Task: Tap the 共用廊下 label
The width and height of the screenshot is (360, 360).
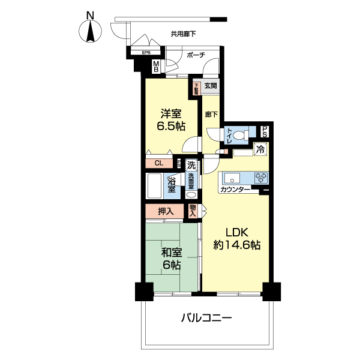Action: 184,34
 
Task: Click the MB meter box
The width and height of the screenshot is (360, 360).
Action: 156,67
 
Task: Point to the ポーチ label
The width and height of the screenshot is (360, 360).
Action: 196,55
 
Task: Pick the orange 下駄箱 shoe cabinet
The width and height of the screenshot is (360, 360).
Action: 196,89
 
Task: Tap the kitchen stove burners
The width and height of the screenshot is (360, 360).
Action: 261,178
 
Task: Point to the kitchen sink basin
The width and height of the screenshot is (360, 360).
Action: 232,178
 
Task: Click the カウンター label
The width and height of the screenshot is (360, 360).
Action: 235,190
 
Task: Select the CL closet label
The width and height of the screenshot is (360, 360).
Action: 159,163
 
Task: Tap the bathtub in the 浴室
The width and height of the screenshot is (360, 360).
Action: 155,187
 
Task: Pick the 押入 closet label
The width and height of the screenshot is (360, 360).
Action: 166,211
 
